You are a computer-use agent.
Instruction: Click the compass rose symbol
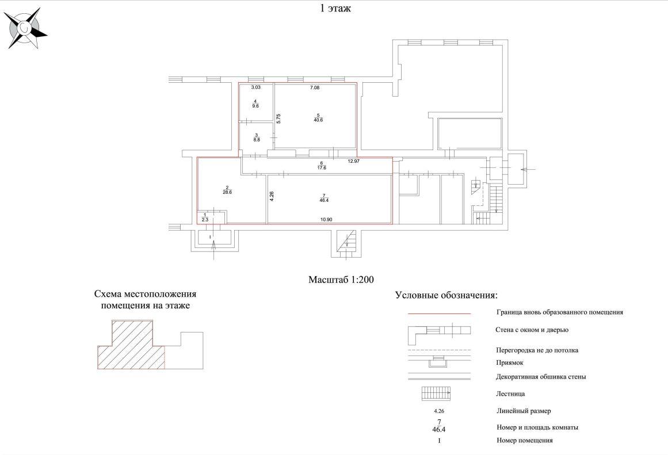pyautogui.click(x=25, y=28)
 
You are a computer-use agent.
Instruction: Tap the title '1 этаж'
pyautogui.click(x=335, y=9)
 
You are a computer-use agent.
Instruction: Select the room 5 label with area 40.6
pyautogui.click(x=316, y=117)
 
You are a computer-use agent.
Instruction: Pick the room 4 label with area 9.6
pyautogui.click(x=255, y=104)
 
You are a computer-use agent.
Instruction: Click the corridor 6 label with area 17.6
pyautogui.click(x=322, y=166)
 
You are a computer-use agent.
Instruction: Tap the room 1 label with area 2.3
pyautogui.click(x=205, y=217)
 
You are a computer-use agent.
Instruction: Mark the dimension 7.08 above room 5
pyautogui.click(x=314, y=87)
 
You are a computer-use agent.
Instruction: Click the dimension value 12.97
pyautogui.click(x=354, y=162)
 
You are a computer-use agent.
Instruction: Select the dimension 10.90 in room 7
pyautogui.click(x=327, y=219)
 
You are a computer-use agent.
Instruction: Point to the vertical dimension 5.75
pyautogui.click(x=278, y=118)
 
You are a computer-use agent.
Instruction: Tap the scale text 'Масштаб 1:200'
pyautogui.click(x=341, y=280)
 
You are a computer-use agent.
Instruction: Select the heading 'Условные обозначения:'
pyautogui.click(x=446, y=296)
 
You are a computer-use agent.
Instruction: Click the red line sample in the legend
pyautogui.click(x=439, y=313)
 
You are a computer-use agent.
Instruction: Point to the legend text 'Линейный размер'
pyautogui.click(x=524, y=411)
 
